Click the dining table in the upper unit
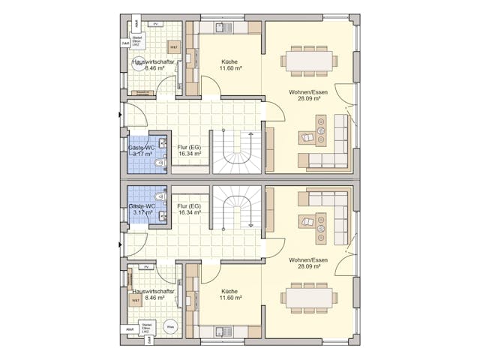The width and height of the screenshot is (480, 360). (307, 60)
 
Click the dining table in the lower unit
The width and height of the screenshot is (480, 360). (307, 298)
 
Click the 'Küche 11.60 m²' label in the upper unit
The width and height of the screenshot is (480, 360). (230, 65)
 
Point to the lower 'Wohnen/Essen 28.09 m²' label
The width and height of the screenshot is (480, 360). (304, 263)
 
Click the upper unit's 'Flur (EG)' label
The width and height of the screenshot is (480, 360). (189, 151)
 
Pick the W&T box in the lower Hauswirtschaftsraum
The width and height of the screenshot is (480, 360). (136, 300)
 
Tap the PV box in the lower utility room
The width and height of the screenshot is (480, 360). (148, 267)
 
